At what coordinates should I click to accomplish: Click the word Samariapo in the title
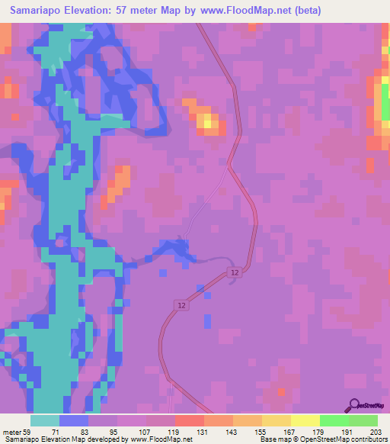click(x=39, y=10)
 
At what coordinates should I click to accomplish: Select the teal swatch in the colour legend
click(x=44, y=420)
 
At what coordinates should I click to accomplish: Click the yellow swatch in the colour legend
click(x=305, y=420)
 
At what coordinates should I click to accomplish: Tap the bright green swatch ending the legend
click(x=363, y=420)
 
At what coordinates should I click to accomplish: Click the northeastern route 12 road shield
click(x=236, y=273)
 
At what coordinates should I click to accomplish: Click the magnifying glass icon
click(x=354, y=405)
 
